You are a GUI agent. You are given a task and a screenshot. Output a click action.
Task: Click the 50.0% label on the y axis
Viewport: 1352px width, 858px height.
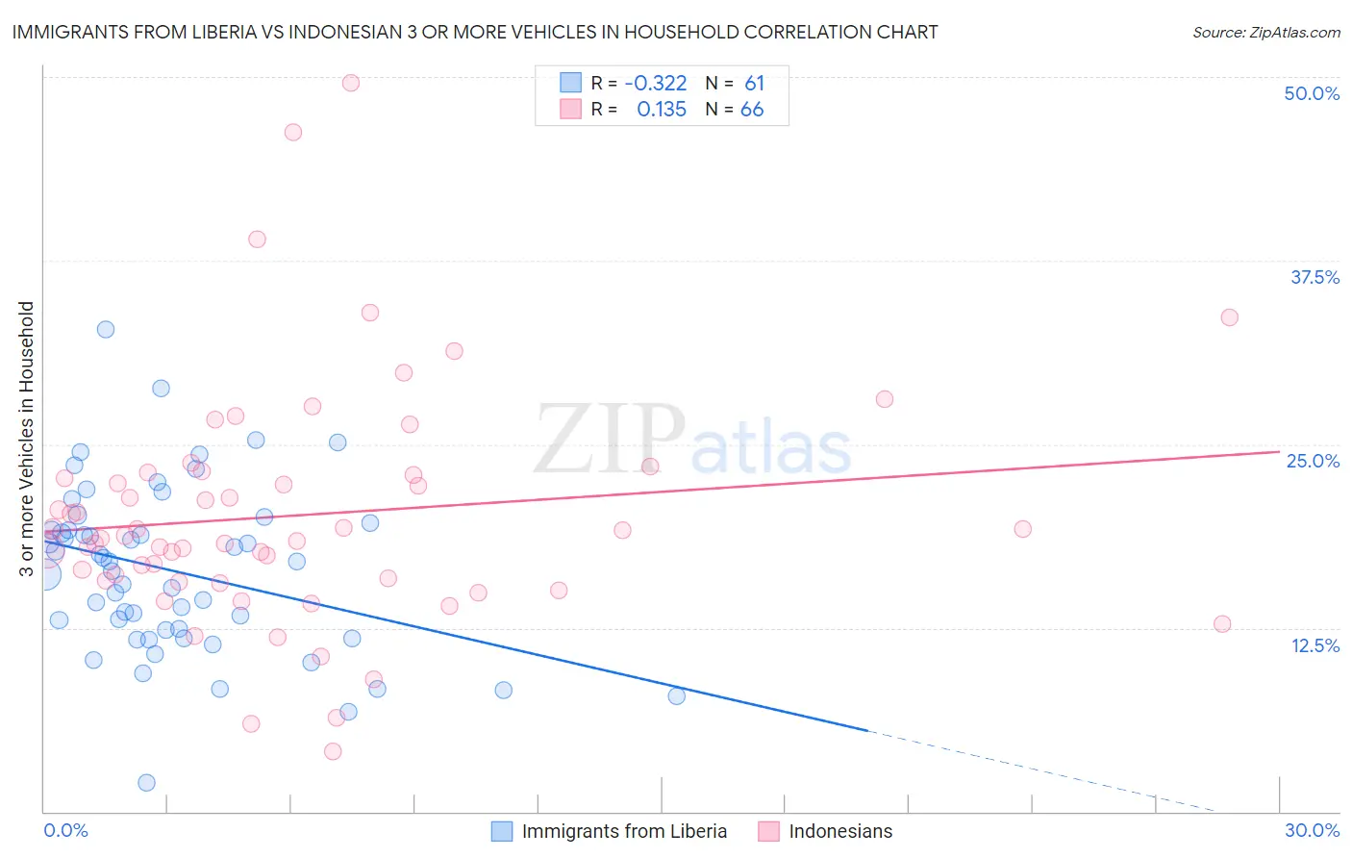pos(1312,93)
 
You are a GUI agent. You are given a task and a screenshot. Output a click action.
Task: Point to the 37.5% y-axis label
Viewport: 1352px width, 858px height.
pos(1314,277)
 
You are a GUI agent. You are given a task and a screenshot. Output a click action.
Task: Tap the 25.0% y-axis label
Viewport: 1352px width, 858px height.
pos(1313,461)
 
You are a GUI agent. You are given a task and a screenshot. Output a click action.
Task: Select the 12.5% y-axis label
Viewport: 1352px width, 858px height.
pos(1314,645)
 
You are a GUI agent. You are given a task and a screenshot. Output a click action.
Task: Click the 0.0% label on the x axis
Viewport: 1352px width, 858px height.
pos(65,830)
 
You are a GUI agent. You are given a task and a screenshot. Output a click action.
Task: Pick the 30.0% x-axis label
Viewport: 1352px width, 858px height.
pos(1312,830)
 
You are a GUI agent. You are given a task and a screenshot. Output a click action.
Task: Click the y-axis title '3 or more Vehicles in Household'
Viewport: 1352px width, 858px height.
pos(27,439)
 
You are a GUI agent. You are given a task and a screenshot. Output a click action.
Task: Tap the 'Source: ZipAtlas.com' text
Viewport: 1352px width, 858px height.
pos(1265,32)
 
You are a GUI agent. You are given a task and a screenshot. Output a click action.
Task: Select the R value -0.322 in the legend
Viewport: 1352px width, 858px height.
pos(655,83)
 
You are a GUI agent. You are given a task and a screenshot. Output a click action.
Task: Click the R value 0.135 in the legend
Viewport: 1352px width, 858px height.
pos(662,109)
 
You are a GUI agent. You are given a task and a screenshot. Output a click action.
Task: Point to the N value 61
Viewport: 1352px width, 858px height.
pos(754,83)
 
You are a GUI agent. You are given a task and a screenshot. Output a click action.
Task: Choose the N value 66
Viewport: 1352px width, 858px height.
pos(752,109)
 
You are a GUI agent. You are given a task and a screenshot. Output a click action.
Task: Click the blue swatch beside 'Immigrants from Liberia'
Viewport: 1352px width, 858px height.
pos(502,831)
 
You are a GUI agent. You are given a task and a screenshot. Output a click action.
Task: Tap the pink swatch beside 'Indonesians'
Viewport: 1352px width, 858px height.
pos(768,831)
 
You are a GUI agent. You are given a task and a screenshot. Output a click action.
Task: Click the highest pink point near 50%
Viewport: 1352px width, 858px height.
pos(351,83)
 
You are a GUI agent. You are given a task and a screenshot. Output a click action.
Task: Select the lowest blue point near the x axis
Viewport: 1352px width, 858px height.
pos(146,783)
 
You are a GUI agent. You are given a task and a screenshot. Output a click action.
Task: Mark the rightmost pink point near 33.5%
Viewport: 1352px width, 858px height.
pos(1229,317)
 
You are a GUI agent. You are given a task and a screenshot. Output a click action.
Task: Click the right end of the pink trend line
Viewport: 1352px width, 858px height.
pos(1279,451)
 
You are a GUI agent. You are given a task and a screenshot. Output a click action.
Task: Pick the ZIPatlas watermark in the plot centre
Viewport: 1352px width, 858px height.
pos(692,442)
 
